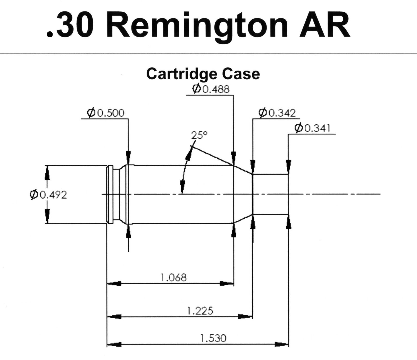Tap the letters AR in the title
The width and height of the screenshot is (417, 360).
coord(324,25)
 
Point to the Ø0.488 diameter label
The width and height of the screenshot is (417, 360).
coord(211,89)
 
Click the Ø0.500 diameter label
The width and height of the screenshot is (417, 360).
coord(106,113)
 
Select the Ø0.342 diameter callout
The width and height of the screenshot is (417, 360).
coord(277,113)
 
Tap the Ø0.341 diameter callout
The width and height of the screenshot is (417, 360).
coord(312,128)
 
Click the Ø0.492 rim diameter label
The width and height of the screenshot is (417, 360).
coord(48,194)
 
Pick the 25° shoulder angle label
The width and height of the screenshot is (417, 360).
coord(199,135)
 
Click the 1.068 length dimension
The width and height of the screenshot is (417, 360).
coord(173,278)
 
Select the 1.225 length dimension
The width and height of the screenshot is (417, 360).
coord(200,311)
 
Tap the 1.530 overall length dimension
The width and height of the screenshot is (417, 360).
coord(213,338)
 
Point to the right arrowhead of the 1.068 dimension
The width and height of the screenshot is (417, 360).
coord(227,284)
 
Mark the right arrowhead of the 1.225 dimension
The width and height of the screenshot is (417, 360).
coord(245,316)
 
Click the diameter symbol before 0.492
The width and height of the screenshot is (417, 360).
coord(34,194)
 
